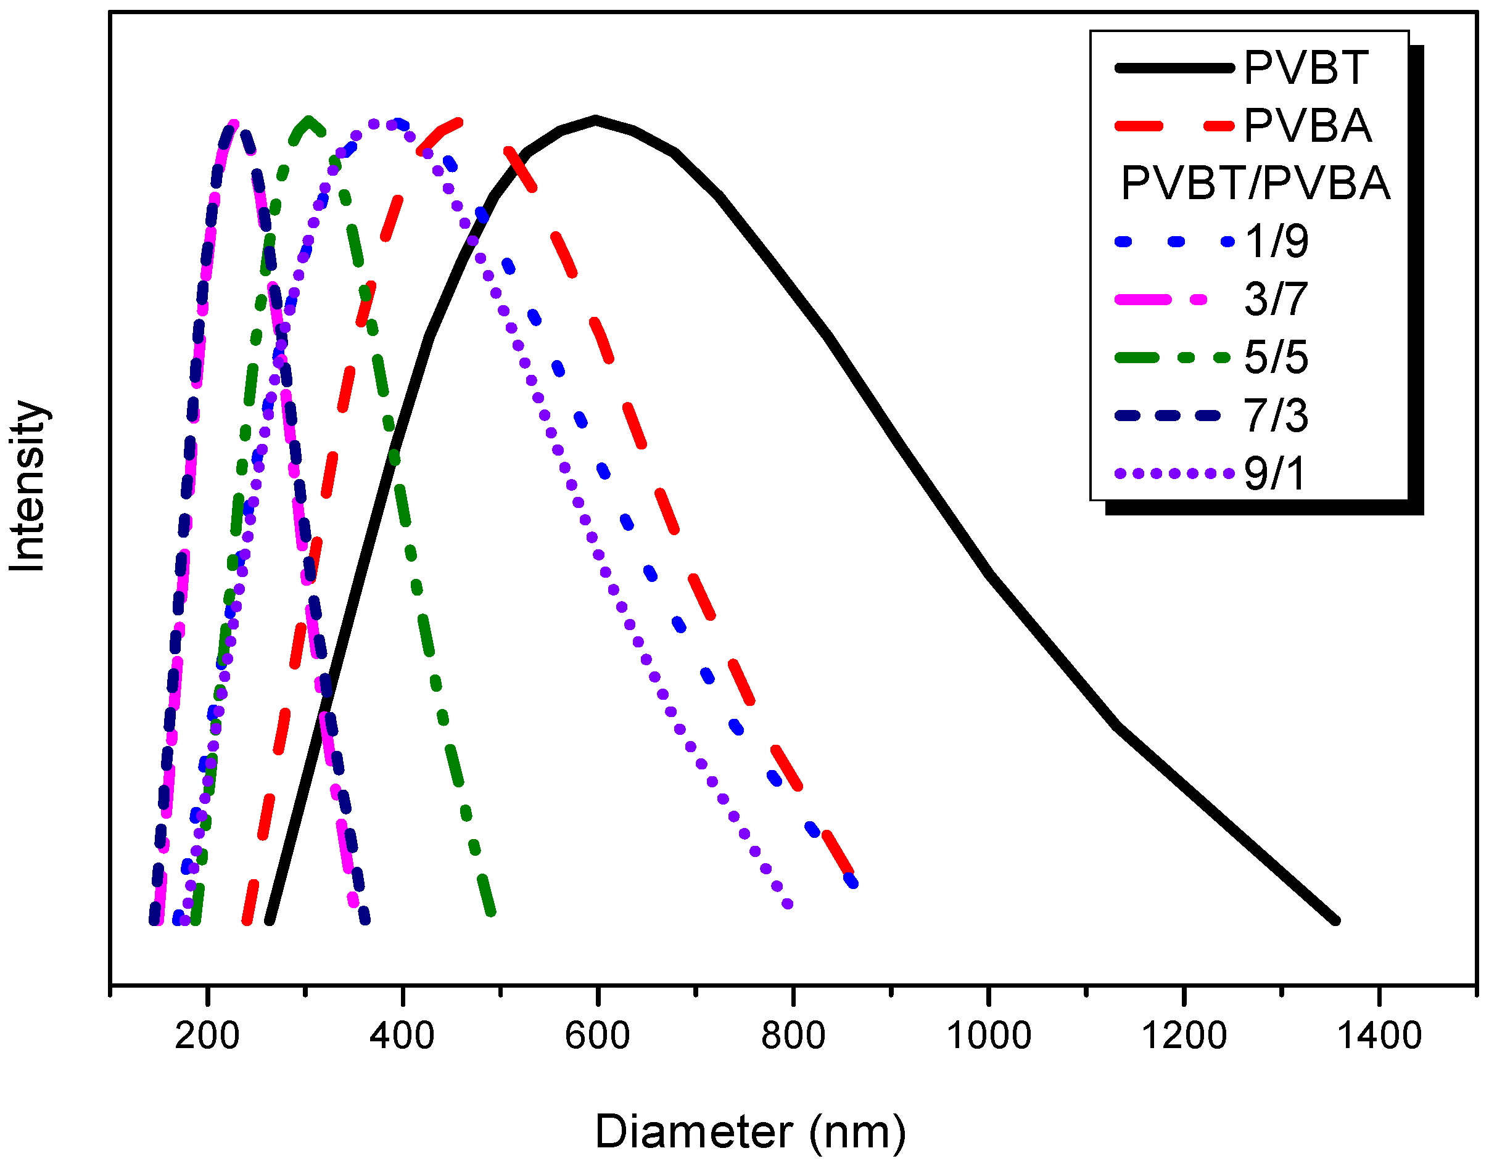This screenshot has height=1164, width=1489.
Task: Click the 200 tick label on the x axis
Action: (x=207, y=1036)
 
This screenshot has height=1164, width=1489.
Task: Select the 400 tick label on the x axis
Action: (x=402, y=1036)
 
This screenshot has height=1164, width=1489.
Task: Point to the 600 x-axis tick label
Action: (x=598, y=1036)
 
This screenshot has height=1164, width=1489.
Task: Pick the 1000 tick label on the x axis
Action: (x=989, y=1036)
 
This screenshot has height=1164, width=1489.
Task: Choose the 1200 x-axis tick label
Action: (x=1184, y=1036)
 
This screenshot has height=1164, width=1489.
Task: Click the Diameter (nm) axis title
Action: (x=751, y=1133)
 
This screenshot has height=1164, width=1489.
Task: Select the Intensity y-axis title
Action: (x=27, y=485)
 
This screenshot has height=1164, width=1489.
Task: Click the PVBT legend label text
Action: (x=1306, y=68)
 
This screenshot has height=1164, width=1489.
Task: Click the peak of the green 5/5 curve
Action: (x=309, y=121)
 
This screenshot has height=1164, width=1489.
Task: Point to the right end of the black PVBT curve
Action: (x=1335, y=920)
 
